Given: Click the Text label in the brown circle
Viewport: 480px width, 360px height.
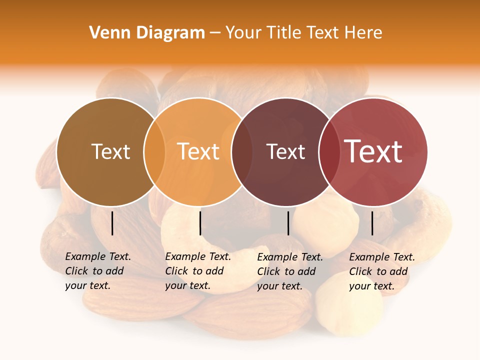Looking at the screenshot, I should (110, 151).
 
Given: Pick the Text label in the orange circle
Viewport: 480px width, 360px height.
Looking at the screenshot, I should (198, 151).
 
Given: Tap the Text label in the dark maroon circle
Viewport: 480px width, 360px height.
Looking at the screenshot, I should (285, 151).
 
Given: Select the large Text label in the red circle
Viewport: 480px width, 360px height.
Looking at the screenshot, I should (373, 151).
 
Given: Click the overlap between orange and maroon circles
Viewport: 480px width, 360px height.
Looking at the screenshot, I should (241, 152).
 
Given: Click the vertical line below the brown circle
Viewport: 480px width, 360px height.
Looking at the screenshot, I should (112, 223).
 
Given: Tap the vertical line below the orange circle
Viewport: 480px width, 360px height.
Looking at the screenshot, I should (200, 223).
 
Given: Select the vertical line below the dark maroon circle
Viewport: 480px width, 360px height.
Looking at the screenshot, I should (288, 223).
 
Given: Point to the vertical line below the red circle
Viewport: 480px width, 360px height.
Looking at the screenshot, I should (372, 223).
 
